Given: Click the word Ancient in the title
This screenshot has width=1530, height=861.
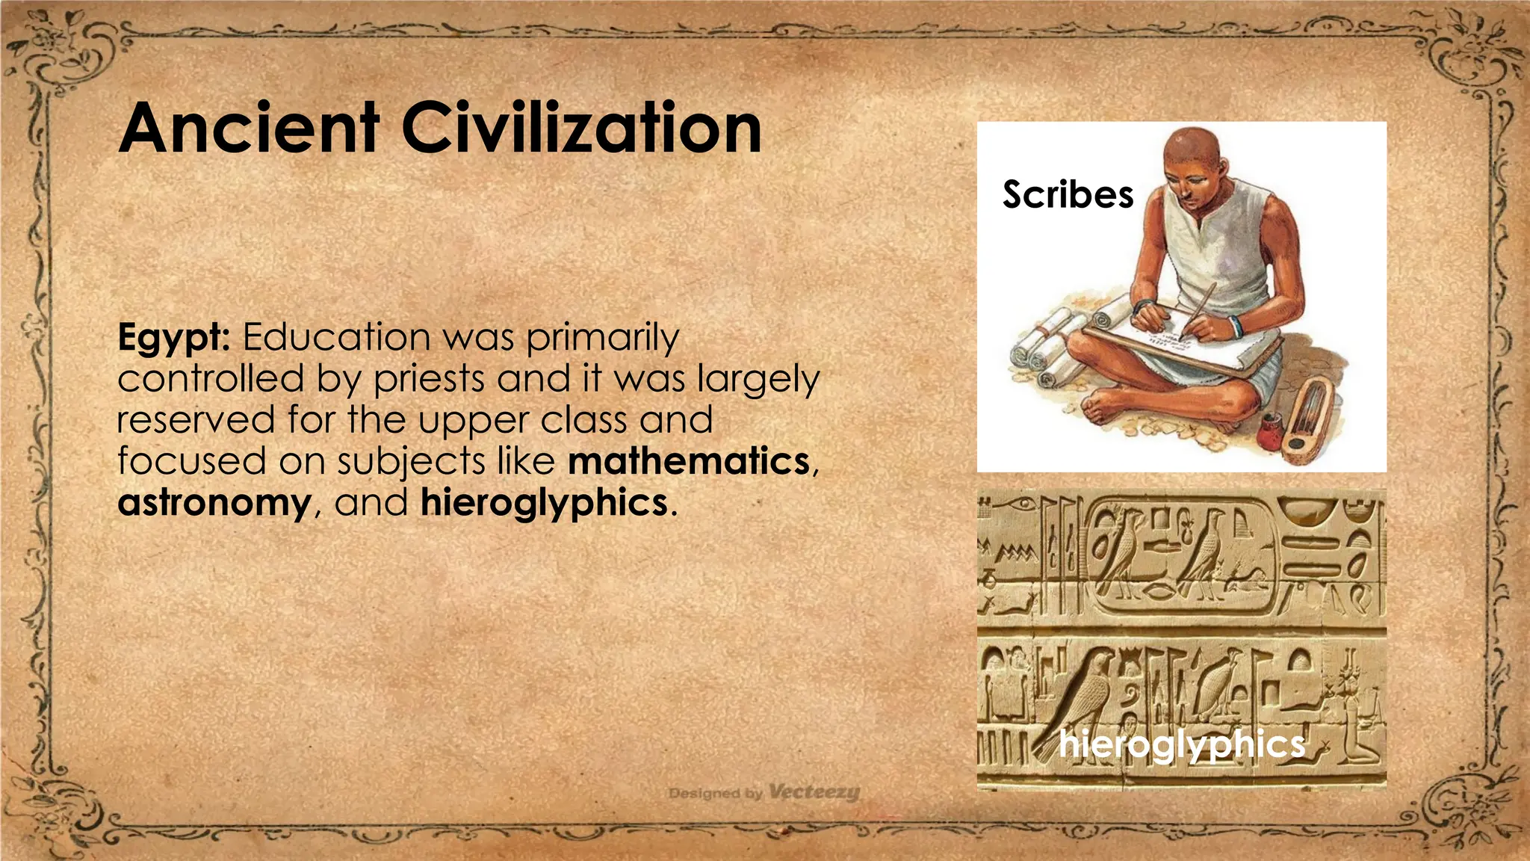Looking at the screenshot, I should pyautogui.click(x=249, y=129).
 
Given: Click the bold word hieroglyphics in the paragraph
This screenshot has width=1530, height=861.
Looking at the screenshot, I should pyautogui.click(x=544, y=502).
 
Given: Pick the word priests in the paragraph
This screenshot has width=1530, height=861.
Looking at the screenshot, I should pyautogui.click(x=429, y=379).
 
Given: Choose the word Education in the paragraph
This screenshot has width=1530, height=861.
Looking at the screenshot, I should pyautogui.click(x=336, y=337).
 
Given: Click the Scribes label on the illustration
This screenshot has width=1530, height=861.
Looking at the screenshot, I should pyautogui.click(x=1068, y=195).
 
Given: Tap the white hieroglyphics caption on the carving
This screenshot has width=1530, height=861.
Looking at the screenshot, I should pyautogui.click(x=1182, y=744).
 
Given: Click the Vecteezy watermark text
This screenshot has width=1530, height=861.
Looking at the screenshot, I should pyautogui.click(x=814, y=791).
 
